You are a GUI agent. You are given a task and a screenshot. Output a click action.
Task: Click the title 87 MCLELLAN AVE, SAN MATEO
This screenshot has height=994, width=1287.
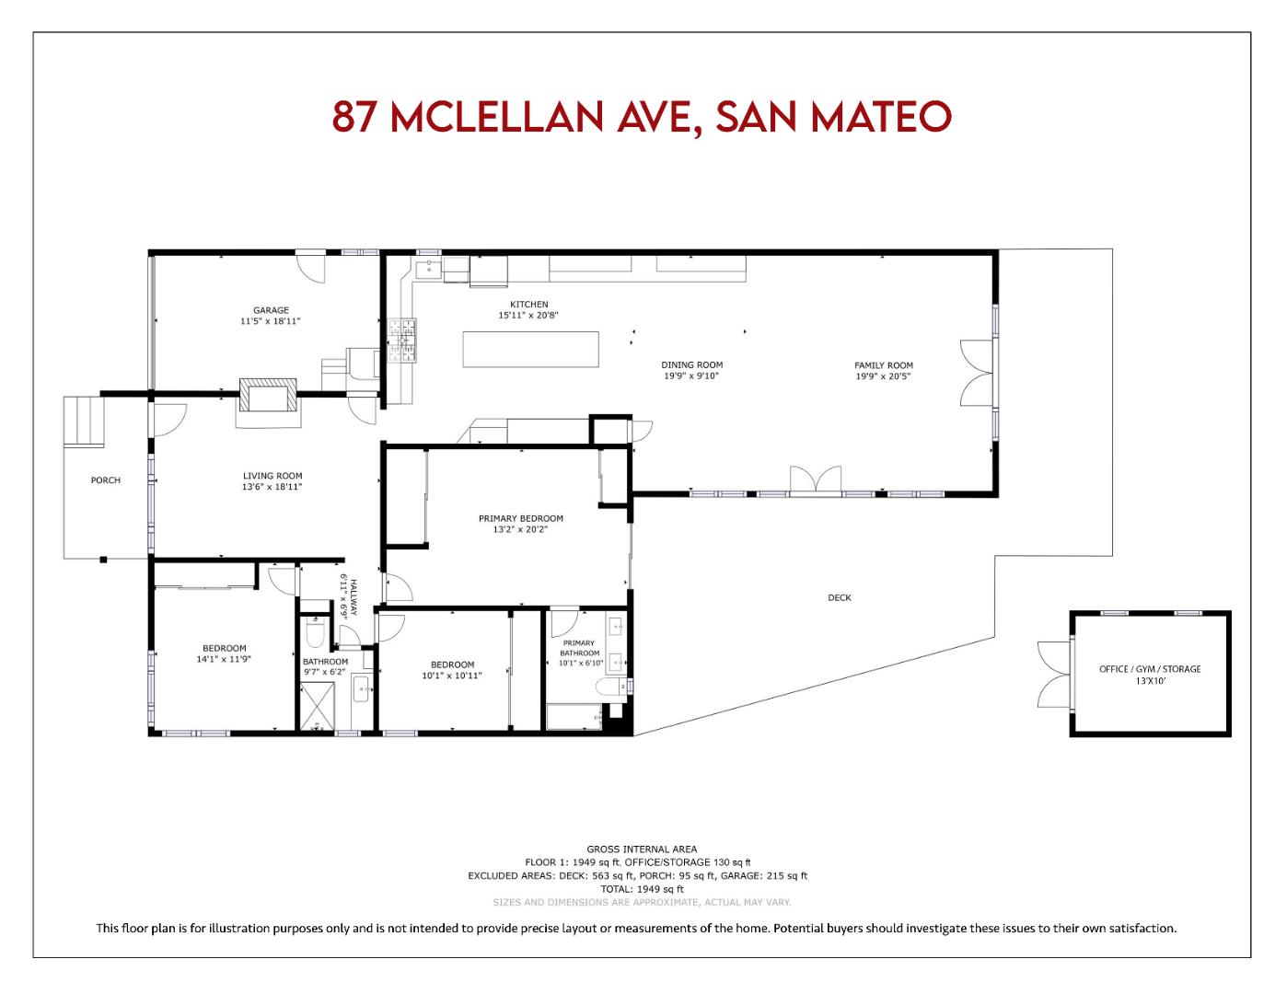click(642, 117)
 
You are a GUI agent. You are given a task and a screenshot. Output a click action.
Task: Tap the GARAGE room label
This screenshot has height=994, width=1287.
click(271, 310)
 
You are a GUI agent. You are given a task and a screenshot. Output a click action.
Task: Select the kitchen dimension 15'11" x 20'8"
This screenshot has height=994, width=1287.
click(528, 316)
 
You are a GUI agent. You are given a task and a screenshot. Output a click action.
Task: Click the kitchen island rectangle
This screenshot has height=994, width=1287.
click(531, 350)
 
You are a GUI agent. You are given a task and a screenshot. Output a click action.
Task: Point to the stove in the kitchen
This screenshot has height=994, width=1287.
click(401, 341)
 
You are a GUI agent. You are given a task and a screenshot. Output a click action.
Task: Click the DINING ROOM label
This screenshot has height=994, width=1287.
click(691, 364)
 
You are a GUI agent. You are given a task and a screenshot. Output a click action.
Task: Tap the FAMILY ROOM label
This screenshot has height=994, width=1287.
click(883, 365)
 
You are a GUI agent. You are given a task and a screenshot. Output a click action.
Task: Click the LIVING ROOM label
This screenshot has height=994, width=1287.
click(272, 476)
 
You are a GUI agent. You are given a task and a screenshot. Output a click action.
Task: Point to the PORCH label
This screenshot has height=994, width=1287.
click(105, 480)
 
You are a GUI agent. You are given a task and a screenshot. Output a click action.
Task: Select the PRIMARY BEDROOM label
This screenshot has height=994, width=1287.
click(520, 518)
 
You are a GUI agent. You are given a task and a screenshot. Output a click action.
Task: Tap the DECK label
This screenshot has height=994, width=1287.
click(839, 598)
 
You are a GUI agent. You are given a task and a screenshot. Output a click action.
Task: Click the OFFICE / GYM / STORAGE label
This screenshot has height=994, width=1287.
click(1150, 669)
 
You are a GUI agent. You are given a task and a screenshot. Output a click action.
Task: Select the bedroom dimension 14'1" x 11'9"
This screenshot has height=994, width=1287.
click(224, 660)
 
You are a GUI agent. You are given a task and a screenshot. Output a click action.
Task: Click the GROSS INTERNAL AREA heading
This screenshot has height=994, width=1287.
click(642, 850)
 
